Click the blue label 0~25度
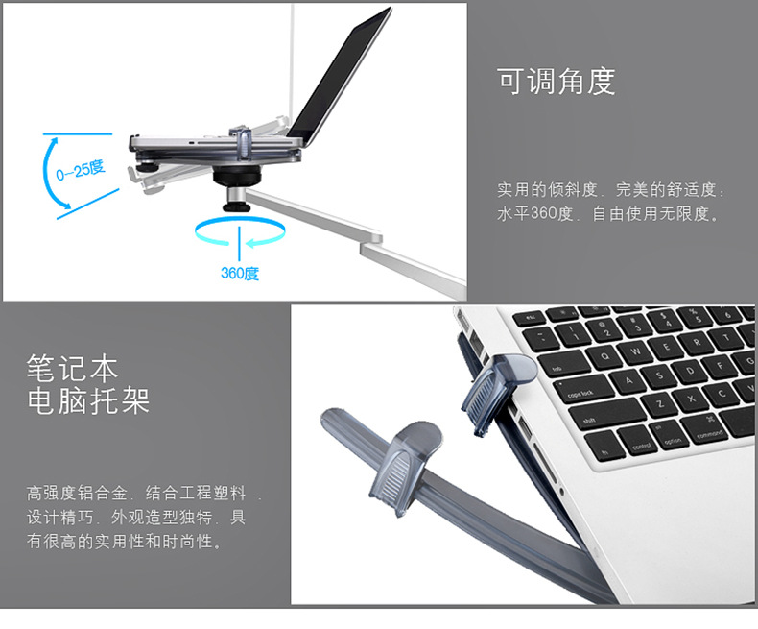(81, 169)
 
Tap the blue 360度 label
(240, 274)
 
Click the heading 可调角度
(556, 82)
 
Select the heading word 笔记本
(73, 368)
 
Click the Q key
(604, 357)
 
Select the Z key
(659, 402)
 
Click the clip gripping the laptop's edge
(497, 392)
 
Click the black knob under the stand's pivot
(236, 206)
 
